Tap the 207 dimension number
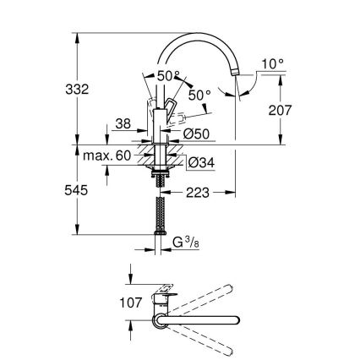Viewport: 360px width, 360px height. tap(280, 109)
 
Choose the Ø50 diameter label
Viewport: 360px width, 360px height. tap(197, 134)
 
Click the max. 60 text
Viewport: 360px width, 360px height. tap(108, 157)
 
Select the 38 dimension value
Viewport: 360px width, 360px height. tap(122, 123)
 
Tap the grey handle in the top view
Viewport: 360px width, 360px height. tap(162, 299)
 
